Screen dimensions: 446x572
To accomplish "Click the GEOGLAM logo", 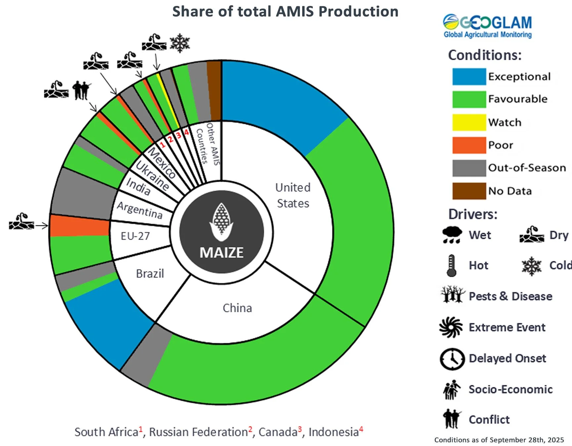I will pyautogui.click(x=487, y=26).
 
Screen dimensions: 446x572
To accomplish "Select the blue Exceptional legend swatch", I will pyautogui.click(x=469, y=76).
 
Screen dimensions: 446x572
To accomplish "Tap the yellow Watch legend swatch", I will pyautogui.click(x=469, y=122).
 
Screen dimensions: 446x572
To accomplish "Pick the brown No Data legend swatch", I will pyautogui.click(x=469, y=191).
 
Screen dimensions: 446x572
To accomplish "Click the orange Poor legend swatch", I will pyautogui.click(x=469, y=145).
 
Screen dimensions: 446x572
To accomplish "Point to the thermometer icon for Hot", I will pyautogui.click(x=451, y=265).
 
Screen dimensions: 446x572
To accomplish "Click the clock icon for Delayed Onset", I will pyautogui.click(x=452, y=359).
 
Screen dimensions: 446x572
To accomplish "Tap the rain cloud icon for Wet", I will pyautogui.click(x=452, y=235).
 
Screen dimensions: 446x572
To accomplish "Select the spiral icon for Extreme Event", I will pyautogui.click(x=451, y=327).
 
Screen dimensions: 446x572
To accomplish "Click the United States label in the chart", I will pyautogui.click(x=293, y=196).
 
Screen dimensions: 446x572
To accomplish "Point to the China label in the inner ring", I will pyautogui.click(x=237, y=308).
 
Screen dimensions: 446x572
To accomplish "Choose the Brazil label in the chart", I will pyautogui.click(x=150, y=274).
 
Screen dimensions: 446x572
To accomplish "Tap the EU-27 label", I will pyautogui.click(x=135, y=236).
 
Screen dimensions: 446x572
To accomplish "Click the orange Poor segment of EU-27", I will pyautogui.click(x=79, y=226).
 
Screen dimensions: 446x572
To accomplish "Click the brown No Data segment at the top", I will pyautogui.click(x=214, y=91).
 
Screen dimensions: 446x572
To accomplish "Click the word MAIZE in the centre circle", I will pyautogui.click(x=222, y=253).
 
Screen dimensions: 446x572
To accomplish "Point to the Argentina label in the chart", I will pyautogui.click(x=140, y=210).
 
